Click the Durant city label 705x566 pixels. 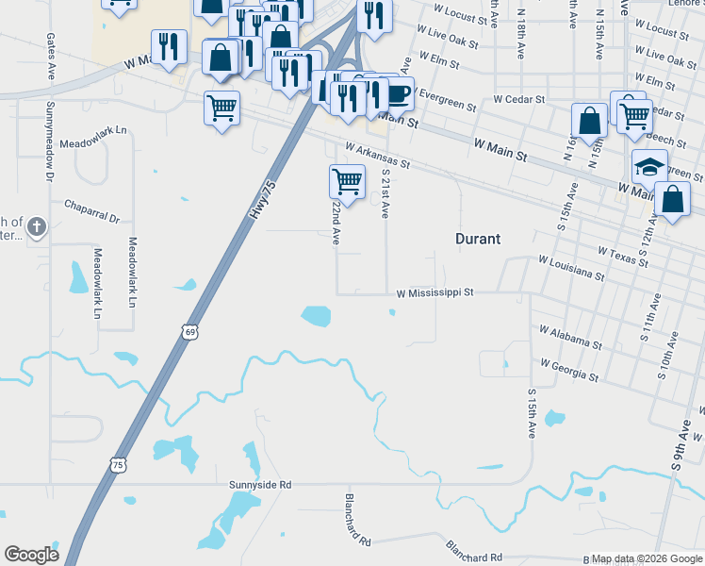click(479, 239)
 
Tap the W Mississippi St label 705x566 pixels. click(434, 293)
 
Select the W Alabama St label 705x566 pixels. click(570, 337)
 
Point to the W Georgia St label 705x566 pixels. click(569, 370)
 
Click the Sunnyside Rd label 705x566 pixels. click(260, 485)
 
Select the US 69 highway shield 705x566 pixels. click(190, 332)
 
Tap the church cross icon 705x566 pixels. click(36, 226)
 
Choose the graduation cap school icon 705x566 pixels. click(649, 166)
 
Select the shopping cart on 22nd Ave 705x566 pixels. click(347, 180)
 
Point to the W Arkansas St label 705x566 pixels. click(378, 156)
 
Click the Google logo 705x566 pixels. click(31, 555)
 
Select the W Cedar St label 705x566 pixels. click(518, 99)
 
